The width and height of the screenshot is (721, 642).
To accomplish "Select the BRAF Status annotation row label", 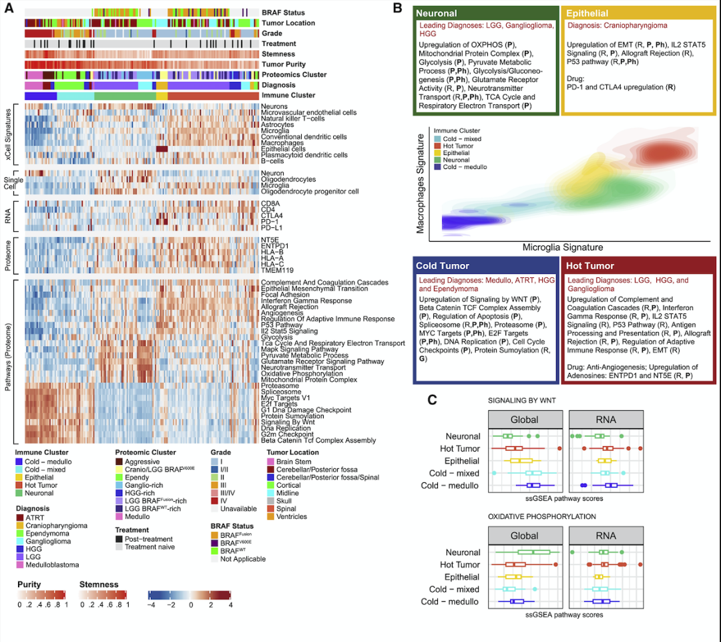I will pos(283,13).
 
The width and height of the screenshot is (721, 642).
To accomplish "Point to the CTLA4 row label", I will pos(272,216).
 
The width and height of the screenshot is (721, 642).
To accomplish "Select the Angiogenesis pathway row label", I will pos(284,313).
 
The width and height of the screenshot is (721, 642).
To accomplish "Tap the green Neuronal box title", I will pos(438,13).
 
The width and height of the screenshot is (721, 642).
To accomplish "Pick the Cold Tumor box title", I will pos(443,266).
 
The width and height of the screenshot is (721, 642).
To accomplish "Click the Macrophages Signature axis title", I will pos(421,184).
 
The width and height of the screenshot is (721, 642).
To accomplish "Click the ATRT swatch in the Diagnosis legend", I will pos(20,518).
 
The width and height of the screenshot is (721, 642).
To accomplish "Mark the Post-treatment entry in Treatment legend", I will pos(119,539).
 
